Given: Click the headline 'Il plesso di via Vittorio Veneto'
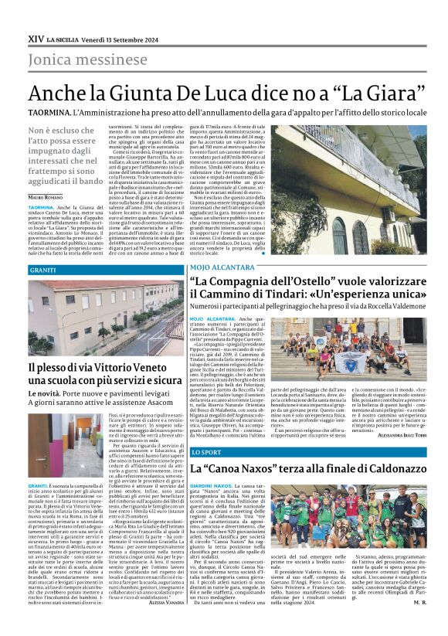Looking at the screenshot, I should pyautogui.click(x=103, y=368).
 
